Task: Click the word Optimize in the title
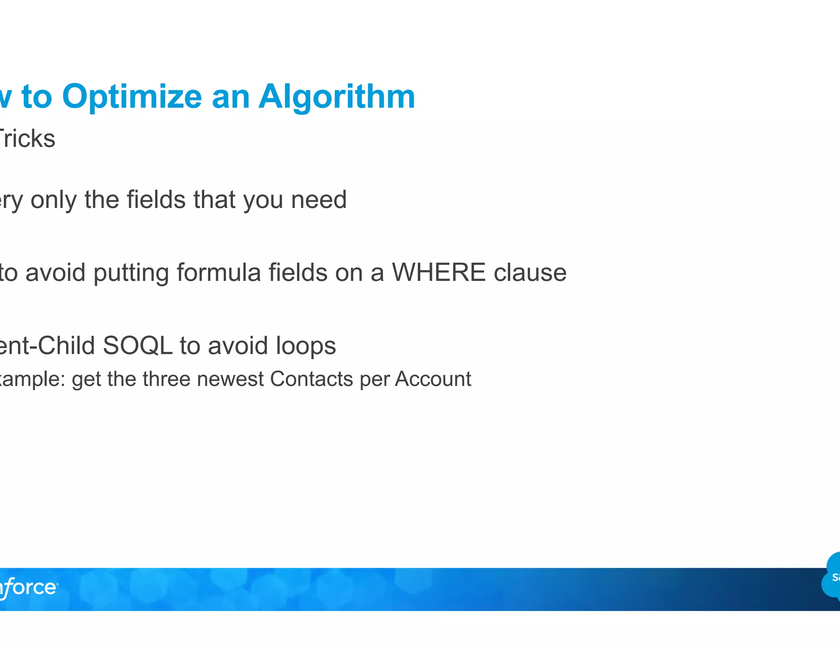tap(132, 97)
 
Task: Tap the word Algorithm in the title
tap(337, 97)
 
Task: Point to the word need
tap(319, 200)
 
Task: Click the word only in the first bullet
tap(53, 200)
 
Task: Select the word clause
tap(530, 272)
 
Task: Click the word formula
tap(219, 272)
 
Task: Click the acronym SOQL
tap(137, 345)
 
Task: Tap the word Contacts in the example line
tap(312, 379)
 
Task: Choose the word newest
tap(230, 379)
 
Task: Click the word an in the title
tap(231, 97)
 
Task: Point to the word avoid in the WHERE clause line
tap(55, 272)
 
